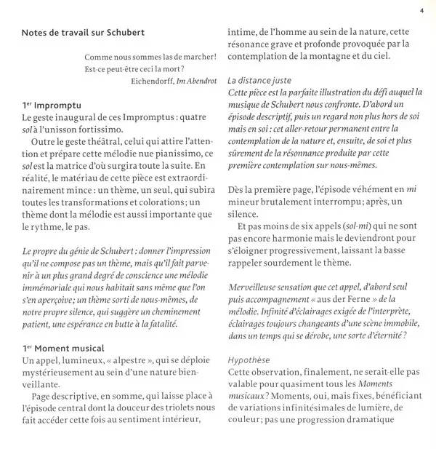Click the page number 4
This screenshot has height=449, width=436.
tap(421, 10)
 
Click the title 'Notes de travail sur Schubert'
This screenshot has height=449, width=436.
tap(82, 33)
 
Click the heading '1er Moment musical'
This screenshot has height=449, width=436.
tap(64, 348)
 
